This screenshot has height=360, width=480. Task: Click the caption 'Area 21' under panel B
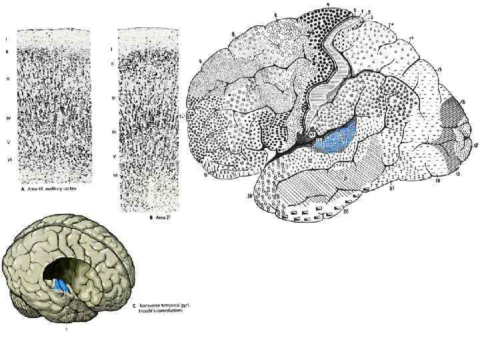[x=141, y=216]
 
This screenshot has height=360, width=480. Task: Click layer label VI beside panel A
[x=7, y=160]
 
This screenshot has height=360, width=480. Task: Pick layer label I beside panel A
[x=7, y=38]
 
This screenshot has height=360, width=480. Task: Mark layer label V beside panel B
[x=113, y=156]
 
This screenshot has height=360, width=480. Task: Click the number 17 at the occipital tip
[x=475, y=145]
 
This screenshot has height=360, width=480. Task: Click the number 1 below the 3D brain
[x=65, y=329]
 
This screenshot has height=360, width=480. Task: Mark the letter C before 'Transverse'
[x=127, y=303]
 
